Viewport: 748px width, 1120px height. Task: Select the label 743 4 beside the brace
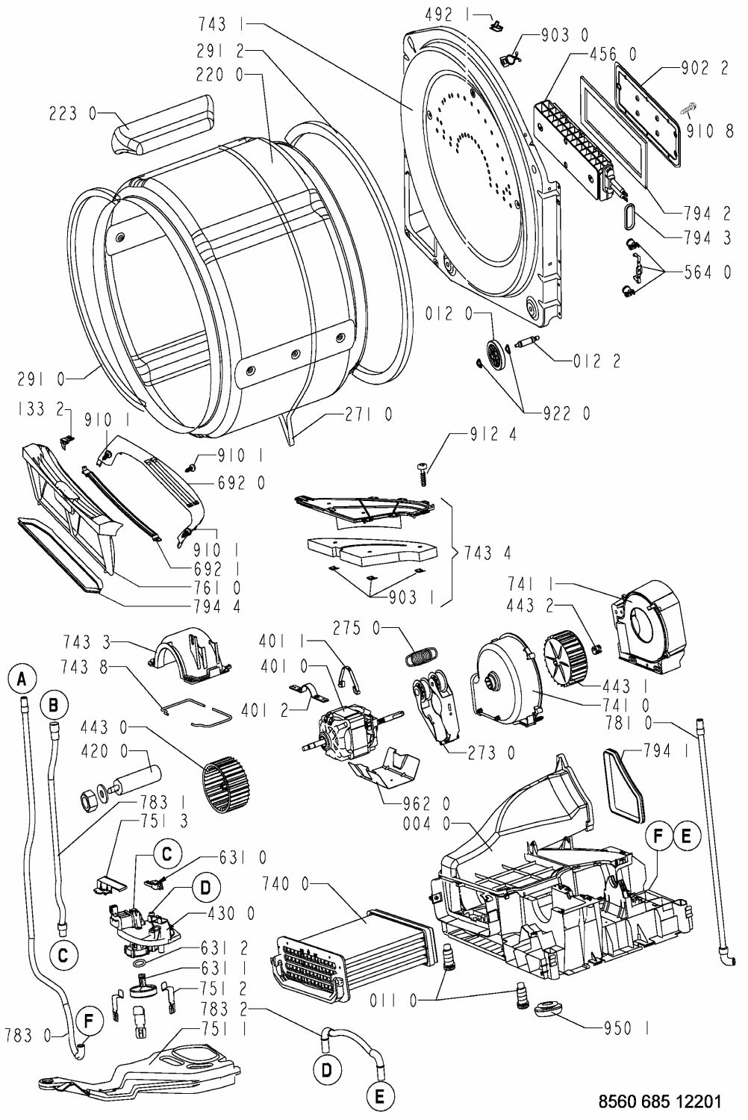point(486,553)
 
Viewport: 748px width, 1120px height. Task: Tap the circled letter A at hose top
point(23,678)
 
